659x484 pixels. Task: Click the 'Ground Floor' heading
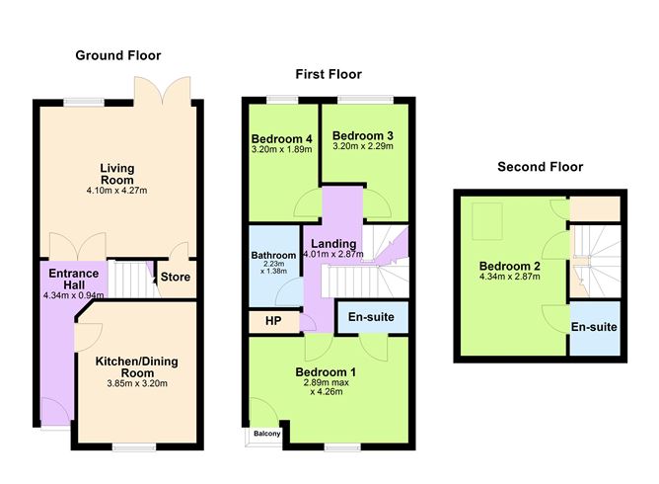[118, 55]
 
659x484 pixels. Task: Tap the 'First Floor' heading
[329, 74]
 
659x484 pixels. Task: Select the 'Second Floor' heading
[540, 167]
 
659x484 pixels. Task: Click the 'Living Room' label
[117, 175]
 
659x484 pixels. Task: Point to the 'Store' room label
[177, 278]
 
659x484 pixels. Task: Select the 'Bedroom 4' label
[281, 138]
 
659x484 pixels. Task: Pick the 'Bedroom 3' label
[362, 135]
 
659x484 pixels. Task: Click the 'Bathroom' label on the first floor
[273, 255]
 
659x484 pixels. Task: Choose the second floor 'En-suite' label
[594, 327]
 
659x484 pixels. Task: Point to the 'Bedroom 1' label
[326, 371]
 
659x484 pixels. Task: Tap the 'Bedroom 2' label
[509, 266]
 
